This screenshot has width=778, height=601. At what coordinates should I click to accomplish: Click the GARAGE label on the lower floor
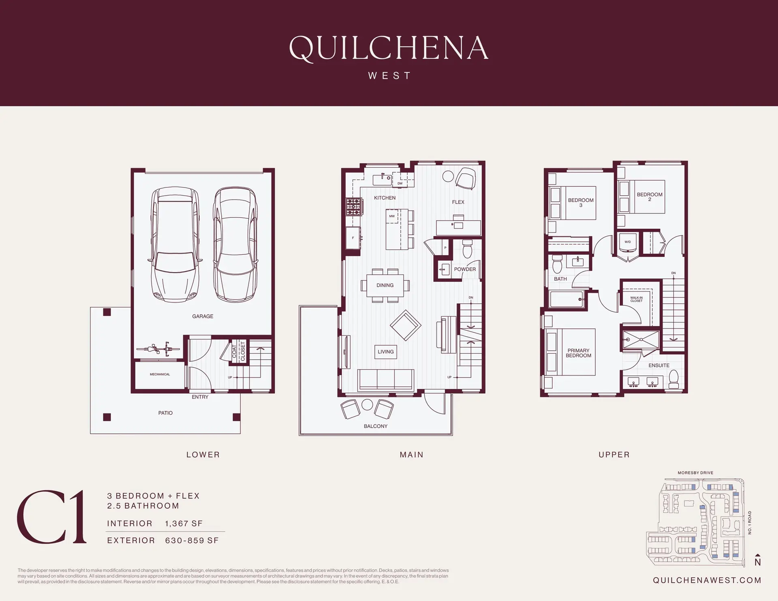tap(203, 316)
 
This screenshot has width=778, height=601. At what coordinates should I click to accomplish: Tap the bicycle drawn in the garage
tap(158, 349)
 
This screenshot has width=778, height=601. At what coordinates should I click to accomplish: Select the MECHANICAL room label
tap(160, 374)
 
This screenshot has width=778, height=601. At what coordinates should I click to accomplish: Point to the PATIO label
tap(165, 413)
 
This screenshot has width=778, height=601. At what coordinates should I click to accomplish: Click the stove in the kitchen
tap(353, 207)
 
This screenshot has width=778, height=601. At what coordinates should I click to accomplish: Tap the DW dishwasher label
tap(400, 183)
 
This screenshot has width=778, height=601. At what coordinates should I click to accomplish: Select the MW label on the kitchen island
tap(392, 216)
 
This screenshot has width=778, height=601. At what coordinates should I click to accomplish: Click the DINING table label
tap(385, 285)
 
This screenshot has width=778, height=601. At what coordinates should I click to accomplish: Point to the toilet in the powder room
tap(468, 249)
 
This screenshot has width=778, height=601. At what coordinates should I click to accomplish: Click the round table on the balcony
tap(367, 405)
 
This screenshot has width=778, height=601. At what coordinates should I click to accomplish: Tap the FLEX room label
tap(458, 202)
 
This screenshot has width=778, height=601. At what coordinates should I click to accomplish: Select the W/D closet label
tap(627, 242)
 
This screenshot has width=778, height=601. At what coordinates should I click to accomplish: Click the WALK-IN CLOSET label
tap(636, 299)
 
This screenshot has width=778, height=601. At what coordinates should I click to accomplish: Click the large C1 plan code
tap(52, 517)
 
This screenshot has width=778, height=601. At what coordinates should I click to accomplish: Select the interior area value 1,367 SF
tap(184, 523)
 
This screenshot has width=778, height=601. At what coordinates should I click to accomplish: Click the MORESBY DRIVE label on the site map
tap(695, 473)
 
